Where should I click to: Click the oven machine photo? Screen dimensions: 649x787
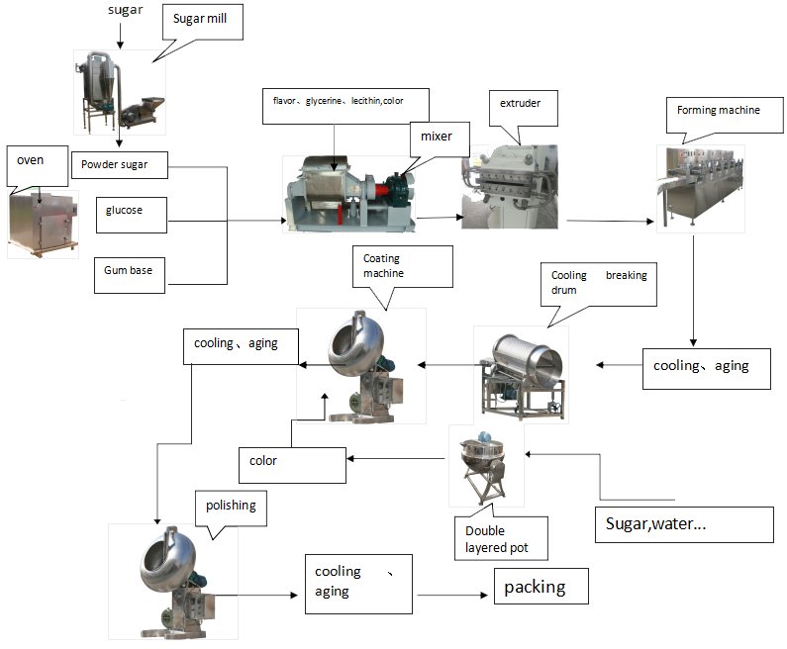coord(43,223)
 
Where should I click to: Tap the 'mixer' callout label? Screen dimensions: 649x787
coord(438,137)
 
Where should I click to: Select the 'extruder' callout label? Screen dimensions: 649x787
coord(518,104)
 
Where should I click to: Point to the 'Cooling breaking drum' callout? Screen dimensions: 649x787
coord(598,283)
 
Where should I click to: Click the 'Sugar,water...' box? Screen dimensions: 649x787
coord(683,524)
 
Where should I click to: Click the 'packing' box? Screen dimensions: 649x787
coord(541,587)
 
